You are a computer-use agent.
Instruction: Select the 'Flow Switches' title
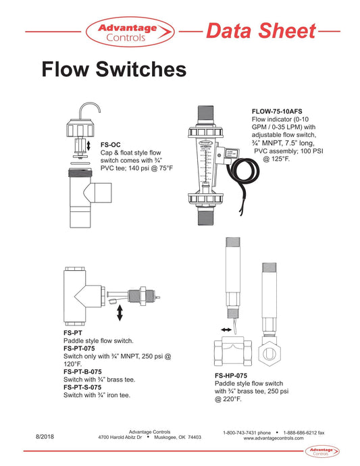pos(113,70)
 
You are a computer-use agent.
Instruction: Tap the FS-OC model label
pos(110,145)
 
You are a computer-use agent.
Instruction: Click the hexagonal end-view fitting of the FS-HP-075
pos(270,350)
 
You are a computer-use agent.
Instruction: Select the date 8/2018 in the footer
pos(45,437)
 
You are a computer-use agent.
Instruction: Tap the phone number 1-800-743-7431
pos(247,432)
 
